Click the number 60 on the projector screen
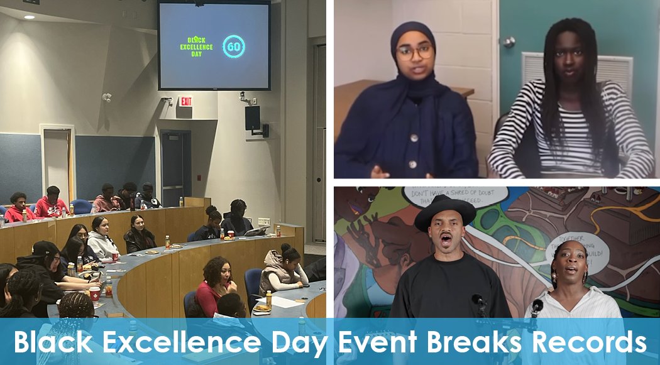234,46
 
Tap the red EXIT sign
186,101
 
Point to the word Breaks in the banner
476,342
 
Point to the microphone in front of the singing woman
536,306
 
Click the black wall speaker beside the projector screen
252,117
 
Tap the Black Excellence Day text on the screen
197,47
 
